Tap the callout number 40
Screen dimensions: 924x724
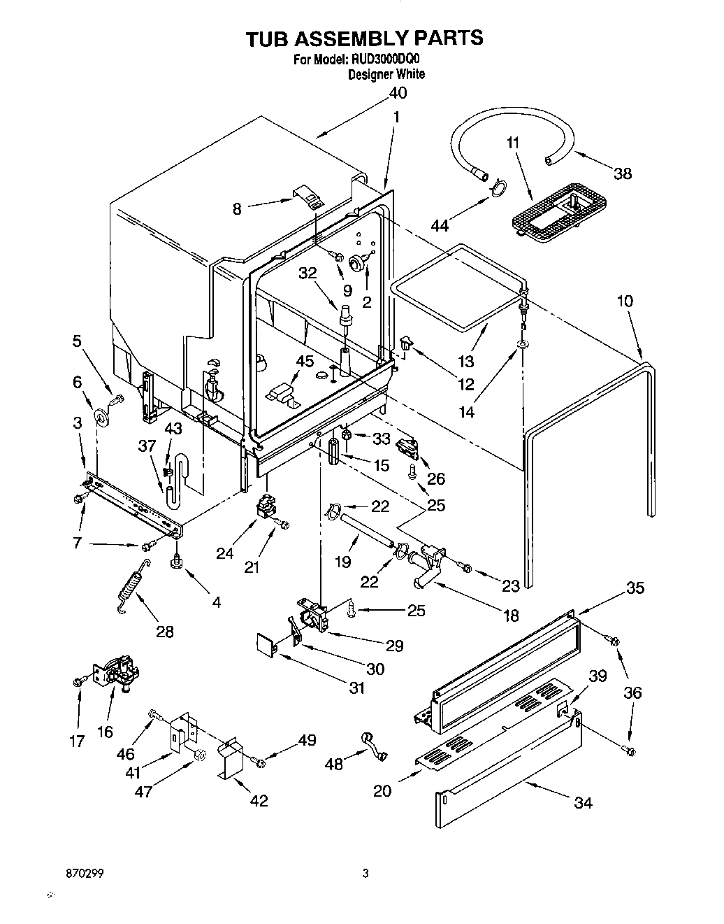397,93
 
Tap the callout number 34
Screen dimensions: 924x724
582,803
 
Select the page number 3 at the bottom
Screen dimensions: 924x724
365,874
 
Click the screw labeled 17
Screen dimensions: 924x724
78,681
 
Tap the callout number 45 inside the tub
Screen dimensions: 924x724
305,361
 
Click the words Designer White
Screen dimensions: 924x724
386,74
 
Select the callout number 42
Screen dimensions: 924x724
259,801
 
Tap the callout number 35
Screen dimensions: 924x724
635,588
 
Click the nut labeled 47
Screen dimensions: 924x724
198,755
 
